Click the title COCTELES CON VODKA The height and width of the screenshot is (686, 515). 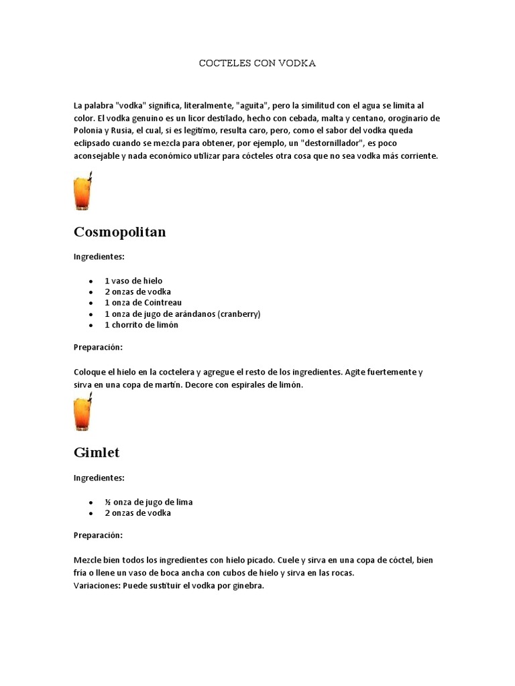257,63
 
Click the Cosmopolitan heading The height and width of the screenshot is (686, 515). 119,232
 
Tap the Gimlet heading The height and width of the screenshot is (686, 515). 97,452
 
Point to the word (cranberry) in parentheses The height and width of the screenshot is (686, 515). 239,314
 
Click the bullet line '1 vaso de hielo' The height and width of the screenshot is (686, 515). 133,281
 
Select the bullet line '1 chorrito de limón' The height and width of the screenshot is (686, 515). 141,325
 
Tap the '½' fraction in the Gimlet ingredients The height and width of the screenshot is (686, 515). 107,502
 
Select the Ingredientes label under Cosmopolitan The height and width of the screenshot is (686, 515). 99,257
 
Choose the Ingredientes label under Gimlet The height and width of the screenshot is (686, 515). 99,478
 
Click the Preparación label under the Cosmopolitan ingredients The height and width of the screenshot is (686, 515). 98,347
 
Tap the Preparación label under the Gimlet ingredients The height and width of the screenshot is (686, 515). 98,535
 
